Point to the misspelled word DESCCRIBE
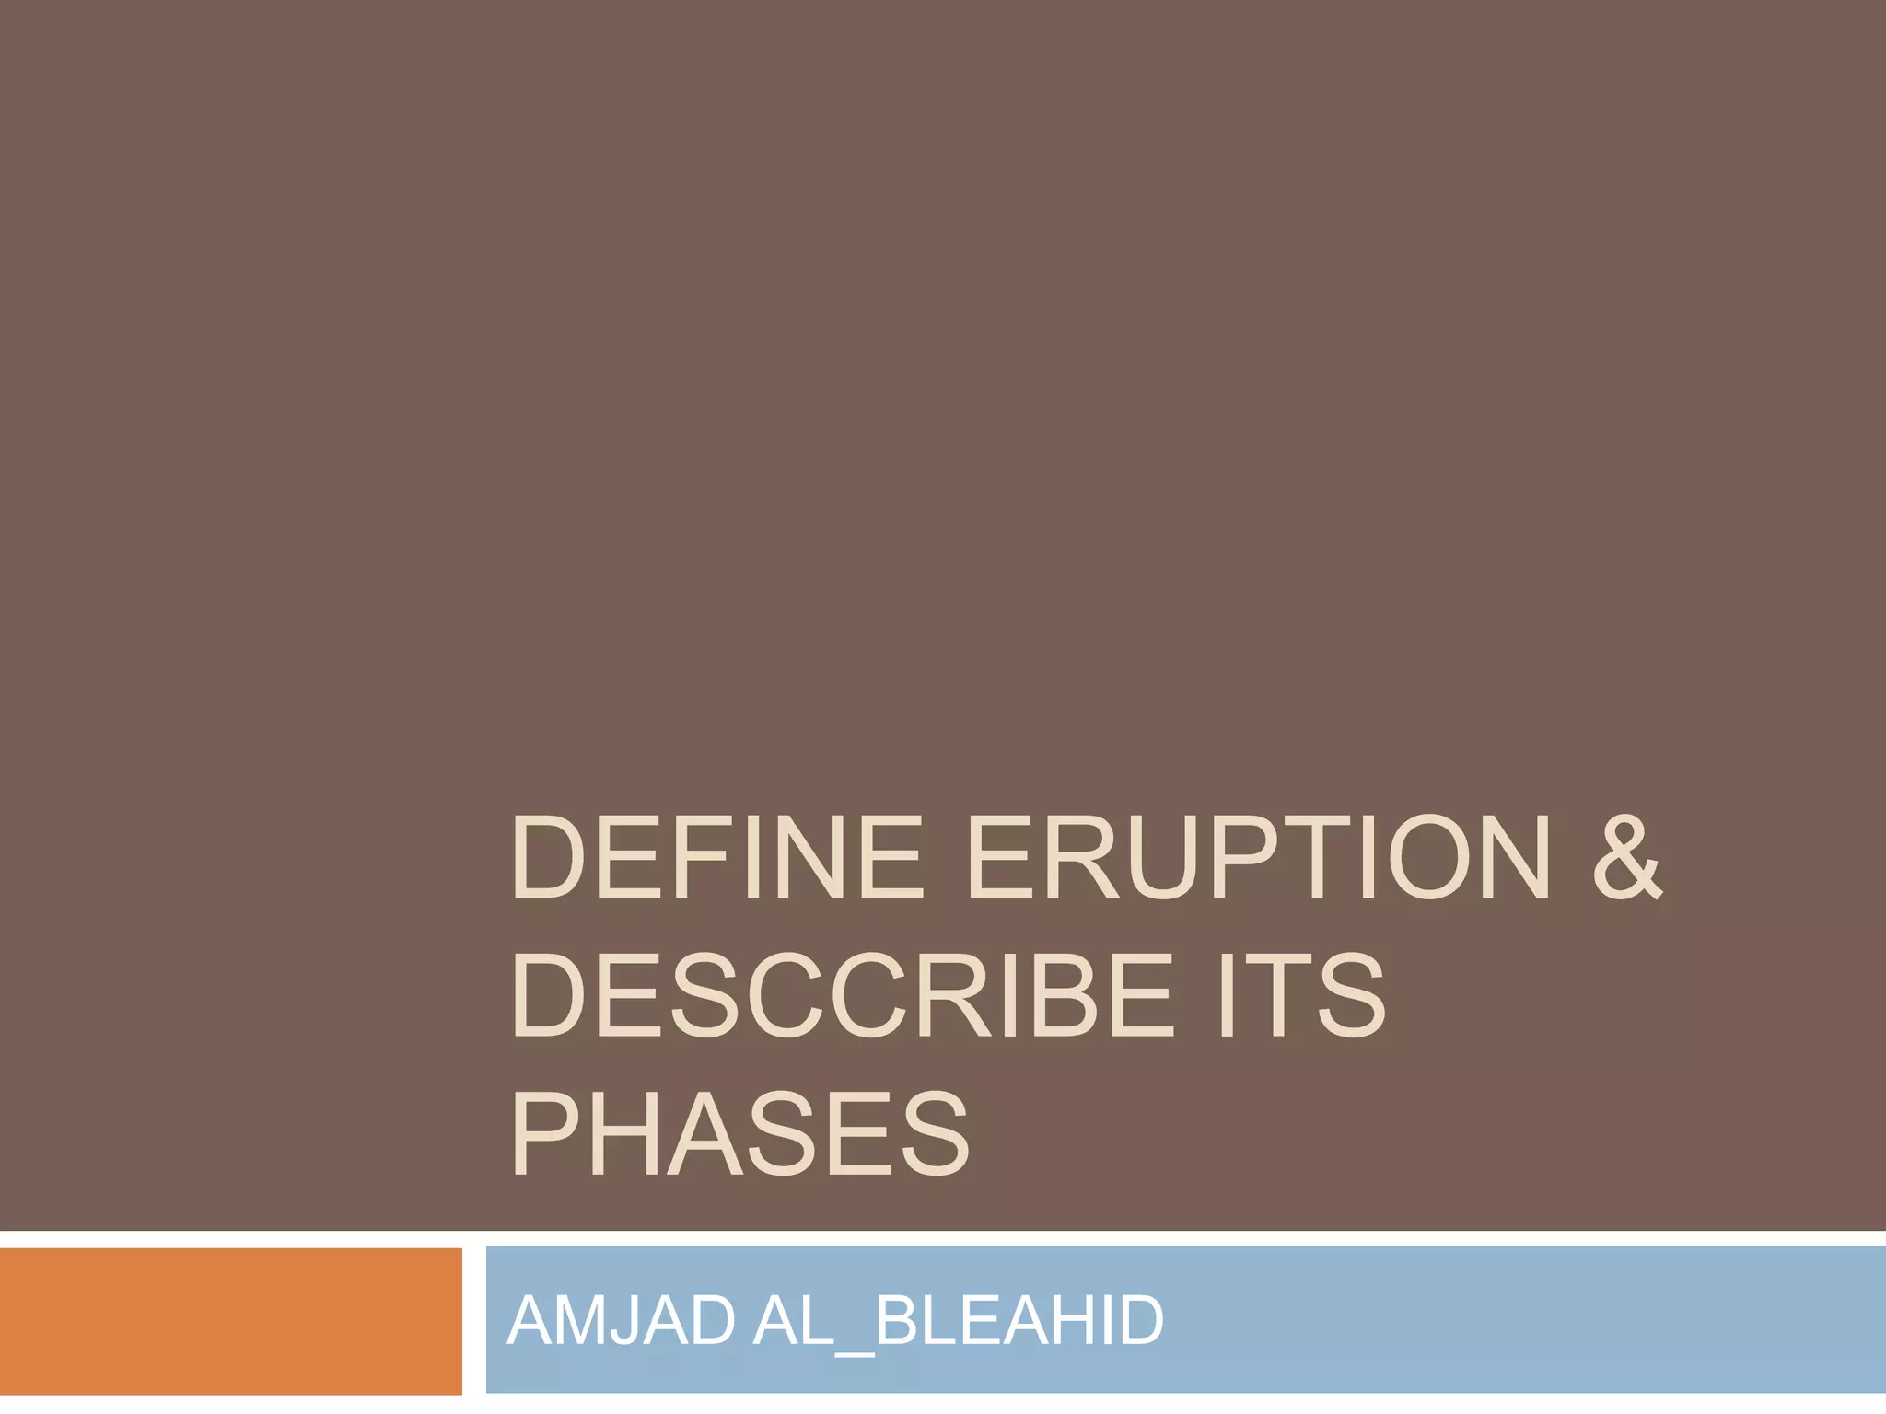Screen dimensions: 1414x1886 842,997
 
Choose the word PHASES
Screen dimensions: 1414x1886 740,1134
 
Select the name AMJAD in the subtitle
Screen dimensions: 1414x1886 622,1321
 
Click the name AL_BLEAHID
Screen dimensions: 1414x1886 958,1321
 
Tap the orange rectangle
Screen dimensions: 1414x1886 230,1321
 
